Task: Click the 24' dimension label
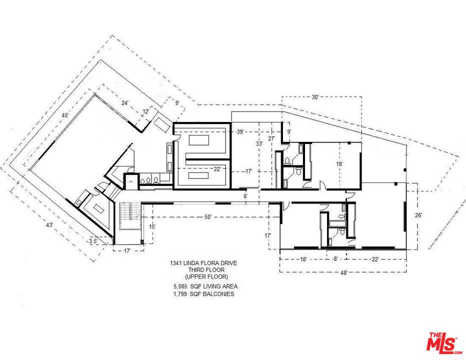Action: coord(125,103)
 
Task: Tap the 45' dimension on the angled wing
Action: coord(65,115)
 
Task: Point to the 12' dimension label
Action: coord(146,111)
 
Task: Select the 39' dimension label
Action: coord(240,131)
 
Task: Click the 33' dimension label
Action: coord(259,143)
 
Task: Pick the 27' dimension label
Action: coord(271,138)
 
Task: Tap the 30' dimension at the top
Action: coord(315,97)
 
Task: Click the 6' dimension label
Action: coord(245,196)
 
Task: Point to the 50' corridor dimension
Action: coord(207,217)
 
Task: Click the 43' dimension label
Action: coord(49,224)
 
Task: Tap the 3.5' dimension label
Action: coord(93,241)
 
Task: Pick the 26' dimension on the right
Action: coord(418,215)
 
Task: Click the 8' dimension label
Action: coord(335,259)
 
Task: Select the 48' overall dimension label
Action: coord(343,273)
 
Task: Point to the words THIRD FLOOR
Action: coord(206,270)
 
